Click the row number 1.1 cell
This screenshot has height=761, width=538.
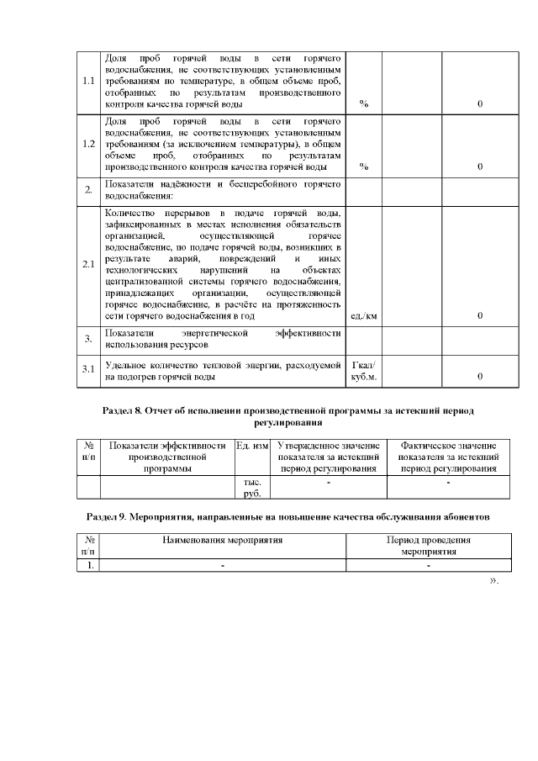click(x=88, y=82)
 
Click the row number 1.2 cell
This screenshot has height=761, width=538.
click(x=88, y=144)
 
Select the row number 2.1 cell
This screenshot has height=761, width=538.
click(x=88, y=265)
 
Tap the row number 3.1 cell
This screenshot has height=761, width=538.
click(x=88, y=370)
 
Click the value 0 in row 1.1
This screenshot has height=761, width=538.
click(x=479, y=104)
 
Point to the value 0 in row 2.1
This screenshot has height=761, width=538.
click(x=479, y=315)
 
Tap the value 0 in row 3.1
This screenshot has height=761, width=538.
click(x=479, y=376)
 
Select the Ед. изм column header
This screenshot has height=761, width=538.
click(x=252, y=446)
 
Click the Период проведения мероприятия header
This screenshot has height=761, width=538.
click(x=428, y=547)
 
